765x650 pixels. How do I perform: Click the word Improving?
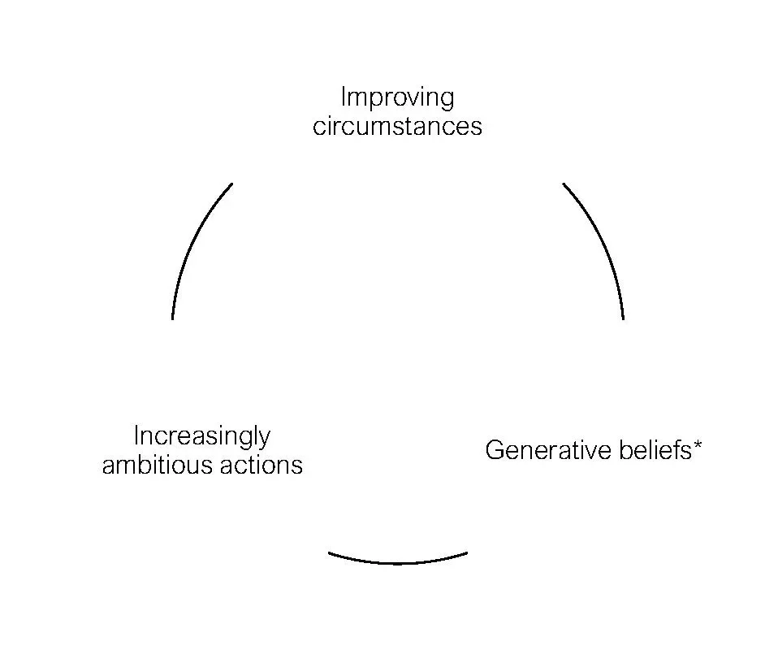397,98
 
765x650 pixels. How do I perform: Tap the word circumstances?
397,127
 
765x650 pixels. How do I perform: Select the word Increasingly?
201,436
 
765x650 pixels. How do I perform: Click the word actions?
261,465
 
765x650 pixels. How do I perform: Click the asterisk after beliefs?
698,444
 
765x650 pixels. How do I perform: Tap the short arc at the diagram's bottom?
398,561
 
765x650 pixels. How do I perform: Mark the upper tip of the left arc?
232,184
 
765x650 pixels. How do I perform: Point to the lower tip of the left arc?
173,318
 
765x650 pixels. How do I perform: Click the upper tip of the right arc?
564,184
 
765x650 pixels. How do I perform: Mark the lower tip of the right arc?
623,318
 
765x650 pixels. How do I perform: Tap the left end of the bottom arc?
329,553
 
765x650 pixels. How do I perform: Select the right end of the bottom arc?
467,553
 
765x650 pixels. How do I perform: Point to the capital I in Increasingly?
136,435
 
